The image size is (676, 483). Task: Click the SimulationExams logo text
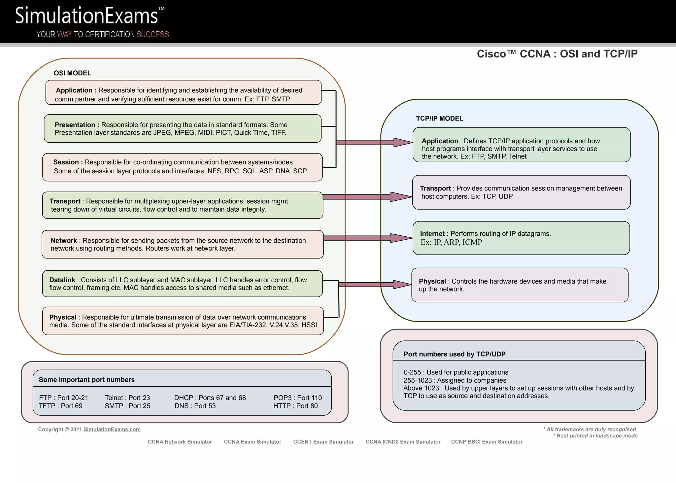coord(86,16)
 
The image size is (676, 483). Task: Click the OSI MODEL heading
coord(72,73)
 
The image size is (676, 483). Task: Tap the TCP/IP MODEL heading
coord(439,118)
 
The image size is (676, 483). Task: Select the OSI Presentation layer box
coord(183,128)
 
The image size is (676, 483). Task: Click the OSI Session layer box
coord(183,167)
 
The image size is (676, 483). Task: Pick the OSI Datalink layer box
coord(183,284)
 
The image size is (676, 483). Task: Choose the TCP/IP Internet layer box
coord(521,238)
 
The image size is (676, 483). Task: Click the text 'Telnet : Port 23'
coord(127,398)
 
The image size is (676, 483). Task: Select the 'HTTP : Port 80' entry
coord(295,406)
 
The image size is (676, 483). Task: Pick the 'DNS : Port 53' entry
coord(195,406)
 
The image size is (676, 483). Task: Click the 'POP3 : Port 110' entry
coord(297,398)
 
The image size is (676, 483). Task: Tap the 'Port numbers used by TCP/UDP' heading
coord(455,354)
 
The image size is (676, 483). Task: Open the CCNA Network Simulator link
coord(180,442)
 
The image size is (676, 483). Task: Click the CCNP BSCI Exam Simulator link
coord(487,442)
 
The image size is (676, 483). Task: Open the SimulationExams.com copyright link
coord(112,430)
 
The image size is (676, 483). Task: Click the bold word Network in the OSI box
coord(64,241)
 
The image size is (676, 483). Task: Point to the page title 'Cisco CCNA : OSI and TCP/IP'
coord(557,54)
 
